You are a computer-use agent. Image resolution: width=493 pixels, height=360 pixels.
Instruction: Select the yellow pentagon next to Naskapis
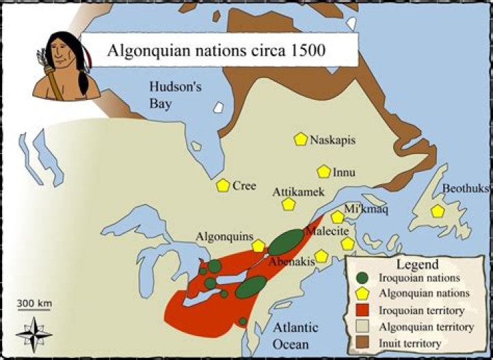point(300,139)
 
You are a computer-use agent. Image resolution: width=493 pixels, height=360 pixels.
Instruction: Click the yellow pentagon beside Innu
point(324,172)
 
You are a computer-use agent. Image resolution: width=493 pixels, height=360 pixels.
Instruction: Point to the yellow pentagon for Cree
point(223,185)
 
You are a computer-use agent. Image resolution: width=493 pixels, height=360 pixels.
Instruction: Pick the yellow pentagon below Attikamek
point(288,204)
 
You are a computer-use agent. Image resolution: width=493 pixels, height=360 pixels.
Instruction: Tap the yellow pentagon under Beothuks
point(438,211)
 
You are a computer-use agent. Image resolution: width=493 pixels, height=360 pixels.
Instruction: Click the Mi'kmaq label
point(366,209)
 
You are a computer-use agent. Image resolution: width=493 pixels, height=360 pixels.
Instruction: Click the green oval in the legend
point(364,279)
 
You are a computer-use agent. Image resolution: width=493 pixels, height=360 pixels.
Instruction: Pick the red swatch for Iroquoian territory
point(364,311)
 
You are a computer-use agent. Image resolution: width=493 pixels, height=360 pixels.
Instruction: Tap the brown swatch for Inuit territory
point(364,342)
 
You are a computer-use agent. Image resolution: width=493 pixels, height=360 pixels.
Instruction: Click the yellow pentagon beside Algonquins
point(258,246)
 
